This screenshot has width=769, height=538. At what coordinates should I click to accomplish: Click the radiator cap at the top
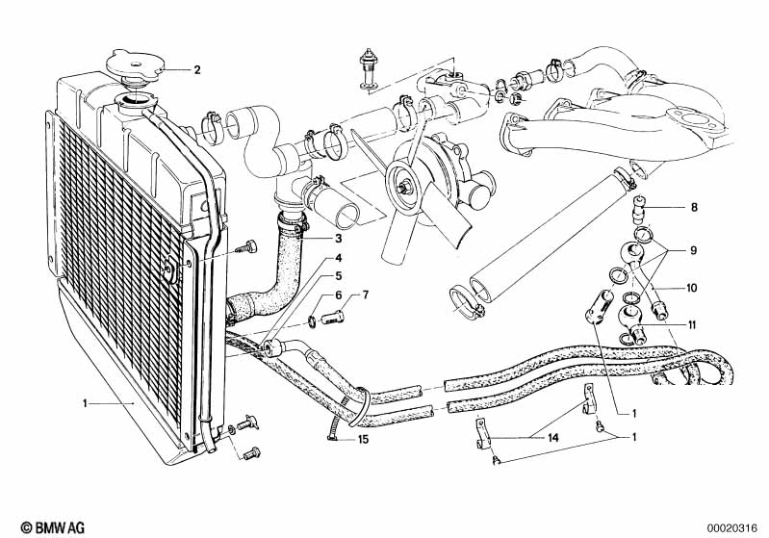coord(135,66)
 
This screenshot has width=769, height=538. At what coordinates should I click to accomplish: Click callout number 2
coord(196,69)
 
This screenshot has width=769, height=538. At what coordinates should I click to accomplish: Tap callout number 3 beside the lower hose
coord(338,239)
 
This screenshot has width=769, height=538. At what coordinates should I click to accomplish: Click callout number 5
coord(338,276)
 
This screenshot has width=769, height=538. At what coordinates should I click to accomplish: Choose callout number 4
coord(338,258)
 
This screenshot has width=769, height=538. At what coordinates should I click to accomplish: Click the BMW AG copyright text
coord(53,527)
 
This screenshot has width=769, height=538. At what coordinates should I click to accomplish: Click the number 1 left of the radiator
coord(85,403)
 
